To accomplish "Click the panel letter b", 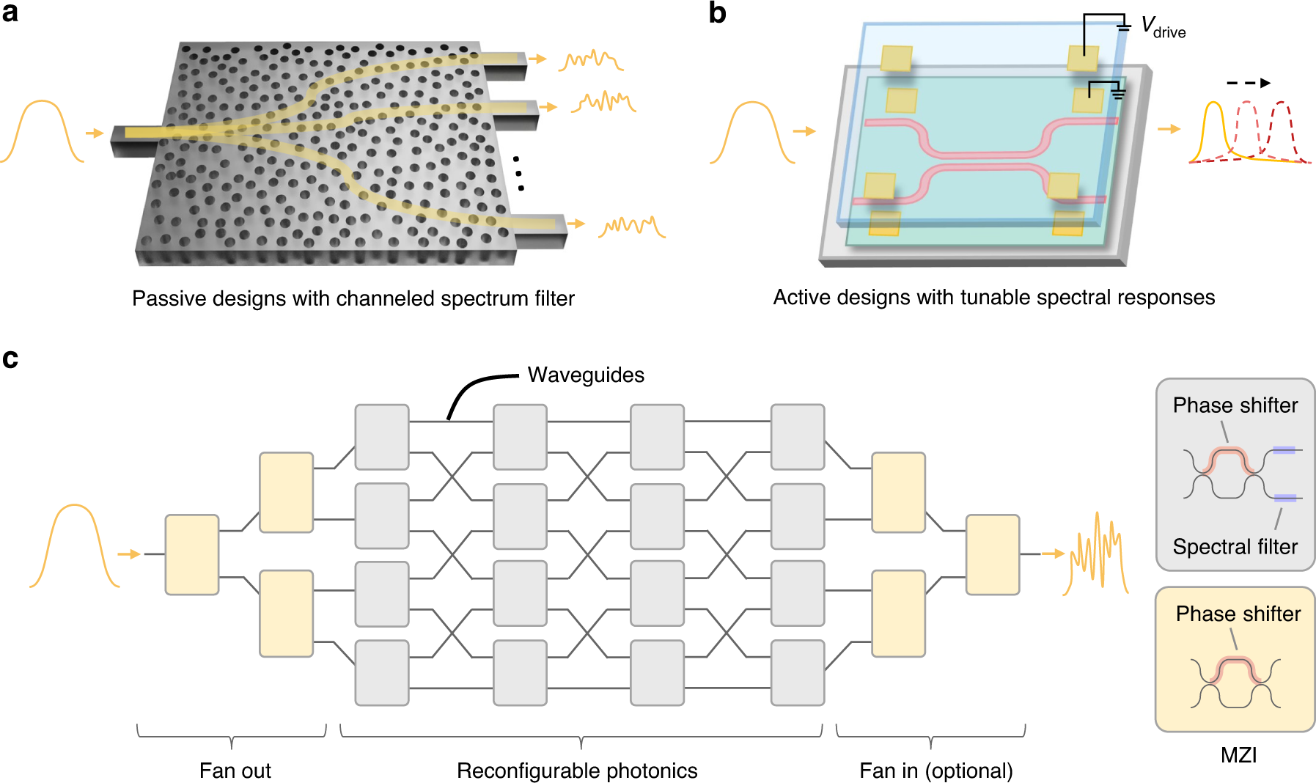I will click(717, 13).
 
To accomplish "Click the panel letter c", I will click(10, 359).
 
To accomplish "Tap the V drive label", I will click(1163, 28).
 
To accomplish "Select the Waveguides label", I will click(585, 375).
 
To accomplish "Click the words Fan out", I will click(235, 771).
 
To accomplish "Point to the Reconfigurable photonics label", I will click(577, 771).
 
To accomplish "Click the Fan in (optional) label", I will click(935, 771).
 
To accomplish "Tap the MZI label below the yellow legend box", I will click(1238, 755).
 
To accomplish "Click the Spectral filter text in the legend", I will click(1235, 546).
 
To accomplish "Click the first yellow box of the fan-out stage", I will click(192, 554).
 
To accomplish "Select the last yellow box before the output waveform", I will click(993, 554).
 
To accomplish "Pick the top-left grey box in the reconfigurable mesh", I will click(382, 437).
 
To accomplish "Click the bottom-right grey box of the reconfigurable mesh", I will click(798, 672).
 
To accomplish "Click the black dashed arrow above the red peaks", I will click(1248, 83).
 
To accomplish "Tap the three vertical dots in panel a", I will click(518, 174).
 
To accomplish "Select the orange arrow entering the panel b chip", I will click(804, 131).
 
